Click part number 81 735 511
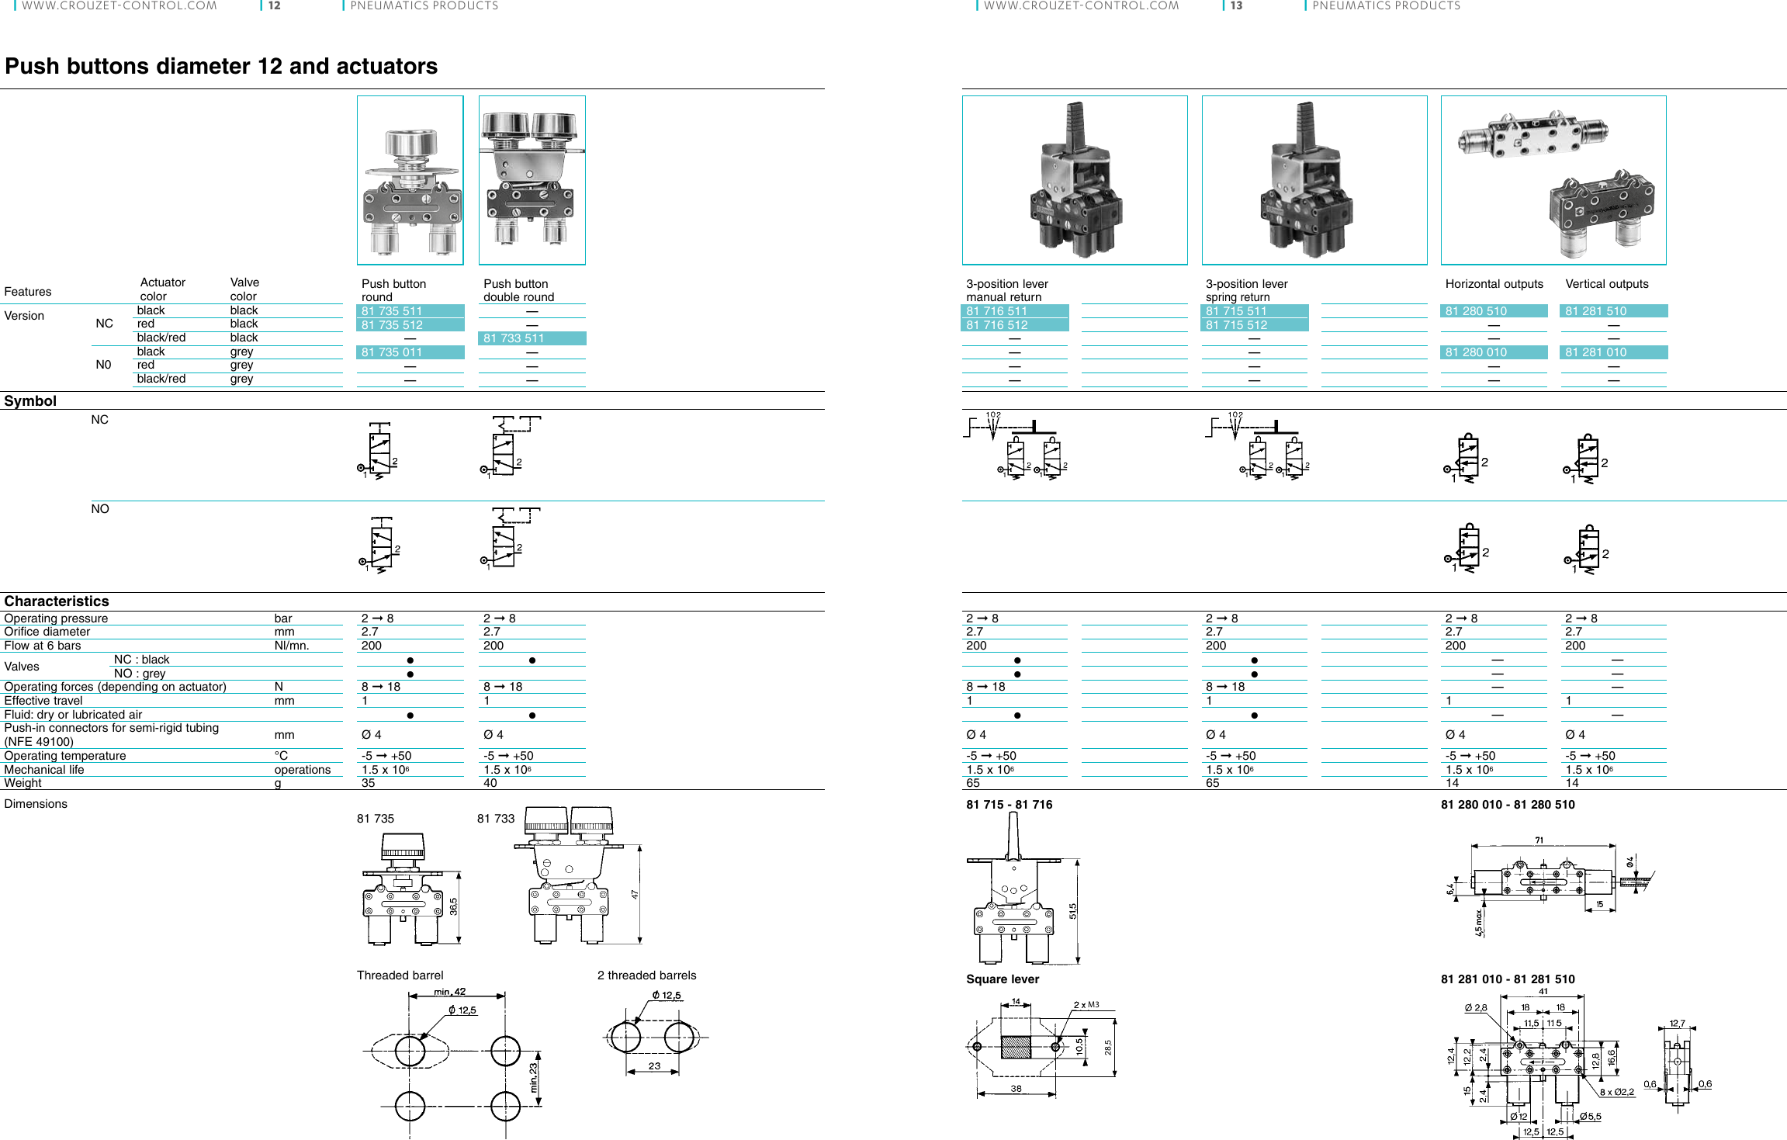tap(392, 311)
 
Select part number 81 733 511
tap(514, 338)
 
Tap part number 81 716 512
tap(996, 325)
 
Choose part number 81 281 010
tap(1595, 352)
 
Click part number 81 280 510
tap(1475, 311)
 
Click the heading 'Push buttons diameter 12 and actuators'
tap(221, 66)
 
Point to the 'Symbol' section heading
tap(30, 401)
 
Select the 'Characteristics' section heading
tap(57, 601)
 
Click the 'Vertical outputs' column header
tap(1606, 284)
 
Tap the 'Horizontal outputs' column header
tap(1494, 284)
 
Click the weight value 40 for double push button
tap(490, 783)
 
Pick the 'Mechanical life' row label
tap(44, 770)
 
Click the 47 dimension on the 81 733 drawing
tap(635, 895)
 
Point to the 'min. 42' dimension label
tap(450, 992)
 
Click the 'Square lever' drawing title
tap(1002, 979)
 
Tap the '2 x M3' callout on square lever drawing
tap(1086, 1005)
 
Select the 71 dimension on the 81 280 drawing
tap(1539, 840)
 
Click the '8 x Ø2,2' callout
tap(1617, 1092)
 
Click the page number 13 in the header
tap(1236, 5)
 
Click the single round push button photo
tap(410, 180)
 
